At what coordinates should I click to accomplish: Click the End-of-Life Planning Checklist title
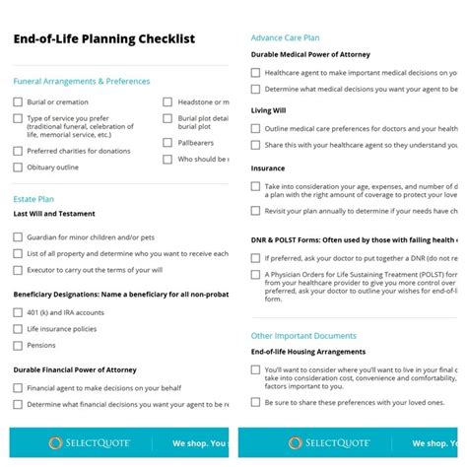point(103,38)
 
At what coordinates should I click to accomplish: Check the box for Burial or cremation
point(18,101)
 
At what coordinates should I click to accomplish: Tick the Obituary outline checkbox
point(18,167)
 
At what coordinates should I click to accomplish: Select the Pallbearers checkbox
point(167,143)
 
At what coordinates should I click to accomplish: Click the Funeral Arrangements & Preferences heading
point(82,81)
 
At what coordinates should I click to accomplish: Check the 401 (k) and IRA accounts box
point(18,312)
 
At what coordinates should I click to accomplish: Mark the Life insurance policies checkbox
point(18,329)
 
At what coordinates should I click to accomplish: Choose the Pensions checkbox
point(18,346)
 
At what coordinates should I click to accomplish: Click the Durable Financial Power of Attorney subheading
point(75,369)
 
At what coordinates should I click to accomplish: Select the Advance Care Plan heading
point(285,36)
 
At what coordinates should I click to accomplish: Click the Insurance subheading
point(269,168)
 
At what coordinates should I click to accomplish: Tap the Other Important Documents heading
point(302,335)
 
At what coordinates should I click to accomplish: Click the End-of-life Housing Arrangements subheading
point(308,352)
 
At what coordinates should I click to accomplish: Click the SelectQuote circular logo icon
point(55,443)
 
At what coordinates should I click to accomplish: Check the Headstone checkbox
point(167,101)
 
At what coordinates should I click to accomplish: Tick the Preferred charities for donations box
point(18,152)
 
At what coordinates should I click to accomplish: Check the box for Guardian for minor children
point(18,236)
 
